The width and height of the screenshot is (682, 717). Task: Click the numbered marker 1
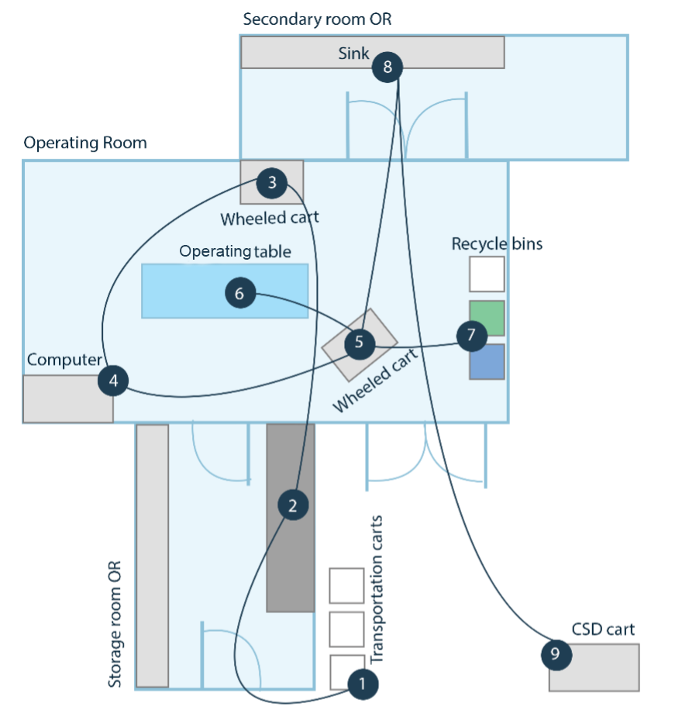point(363,684)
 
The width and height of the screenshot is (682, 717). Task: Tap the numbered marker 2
point(293,506)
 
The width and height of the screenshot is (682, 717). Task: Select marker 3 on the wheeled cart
point(272,183)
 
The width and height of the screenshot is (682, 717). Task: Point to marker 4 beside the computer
point(113,381)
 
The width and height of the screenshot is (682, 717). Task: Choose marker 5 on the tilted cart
point(359,343)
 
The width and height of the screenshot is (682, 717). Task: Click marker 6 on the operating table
point(239,294)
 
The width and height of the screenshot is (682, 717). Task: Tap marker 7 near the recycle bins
point(471,336)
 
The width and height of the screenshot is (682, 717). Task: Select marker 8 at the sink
point(387,67)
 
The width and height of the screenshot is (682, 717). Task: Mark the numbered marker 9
point(556,654)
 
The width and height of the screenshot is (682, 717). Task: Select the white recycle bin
point(487,274)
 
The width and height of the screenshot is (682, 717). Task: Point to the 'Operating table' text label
point(235,251)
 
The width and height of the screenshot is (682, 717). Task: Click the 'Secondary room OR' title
point(317,19)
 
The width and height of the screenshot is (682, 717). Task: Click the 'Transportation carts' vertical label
point(377,589)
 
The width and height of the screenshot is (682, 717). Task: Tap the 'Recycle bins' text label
point(497,243)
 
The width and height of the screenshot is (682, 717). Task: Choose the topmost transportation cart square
point(346,585)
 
